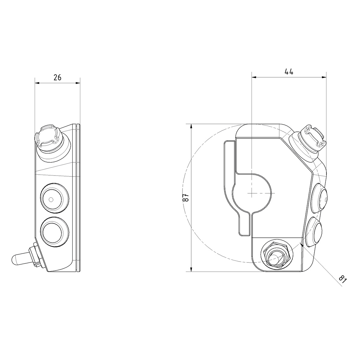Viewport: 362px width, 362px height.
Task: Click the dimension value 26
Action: [57, 78]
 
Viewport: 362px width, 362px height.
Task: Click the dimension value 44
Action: [289, 72]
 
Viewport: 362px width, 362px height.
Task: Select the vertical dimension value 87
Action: [186, 198]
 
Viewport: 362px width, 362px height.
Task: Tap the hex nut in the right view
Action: [277, 255]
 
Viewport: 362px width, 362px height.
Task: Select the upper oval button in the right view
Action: [321, 198]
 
